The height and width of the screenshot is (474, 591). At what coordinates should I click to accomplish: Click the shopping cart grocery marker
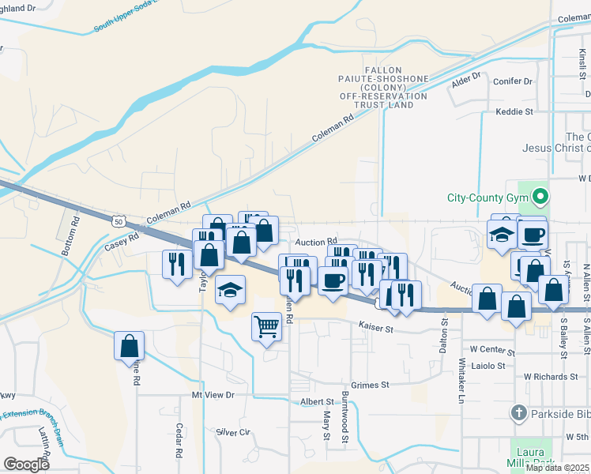pos(267,325)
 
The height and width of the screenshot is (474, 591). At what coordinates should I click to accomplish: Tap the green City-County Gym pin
pos(540,196)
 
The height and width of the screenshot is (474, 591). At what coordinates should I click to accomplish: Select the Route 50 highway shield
pos(118,223)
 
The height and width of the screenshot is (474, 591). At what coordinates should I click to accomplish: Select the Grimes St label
pos(371,385)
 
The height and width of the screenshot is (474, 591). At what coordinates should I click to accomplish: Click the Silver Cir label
pos(233,432)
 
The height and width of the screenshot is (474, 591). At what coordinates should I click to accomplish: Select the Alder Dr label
pos(465,78)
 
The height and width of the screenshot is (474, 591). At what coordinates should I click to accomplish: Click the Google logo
pos(26,465)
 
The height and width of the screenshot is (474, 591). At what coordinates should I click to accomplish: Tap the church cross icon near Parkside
pos(518,412)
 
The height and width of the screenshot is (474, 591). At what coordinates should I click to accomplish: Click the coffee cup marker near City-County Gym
pos(533,233)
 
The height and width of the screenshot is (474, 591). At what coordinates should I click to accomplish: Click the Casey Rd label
pos(122,242)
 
